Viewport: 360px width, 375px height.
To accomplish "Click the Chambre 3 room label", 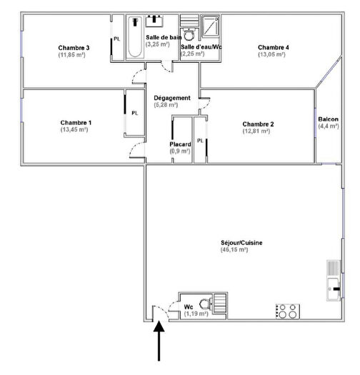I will pos(74,48).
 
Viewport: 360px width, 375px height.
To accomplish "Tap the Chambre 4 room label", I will pos(273,48).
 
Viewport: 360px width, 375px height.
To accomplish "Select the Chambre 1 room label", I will pos(76,122).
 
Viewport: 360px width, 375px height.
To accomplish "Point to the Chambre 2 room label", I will pos(258,124).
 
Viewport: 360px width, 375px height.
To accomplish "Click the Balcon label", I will pos(329,119).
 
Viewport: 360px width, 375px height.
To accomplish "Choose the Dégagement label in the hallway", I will pos(172,98).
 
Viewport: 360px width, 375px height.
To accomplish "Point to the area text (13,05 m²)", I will pos(273,55).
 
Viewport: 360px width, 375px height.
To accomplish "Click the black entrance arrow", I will pos(159,342).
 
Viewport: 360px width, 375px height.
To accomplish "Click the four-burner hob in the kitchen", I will pos(287,311).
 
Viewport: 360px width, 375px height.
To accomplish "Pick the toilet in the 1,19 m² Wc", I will pos(205,303).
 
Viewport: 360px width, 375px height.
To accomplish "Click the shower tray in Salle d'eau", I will pos(211,26).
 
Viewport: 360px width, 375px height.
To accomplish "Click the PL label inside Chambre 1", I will pos(135,113).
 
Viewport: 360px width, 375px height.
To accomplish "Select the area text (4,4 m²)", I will pos(329,126).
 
